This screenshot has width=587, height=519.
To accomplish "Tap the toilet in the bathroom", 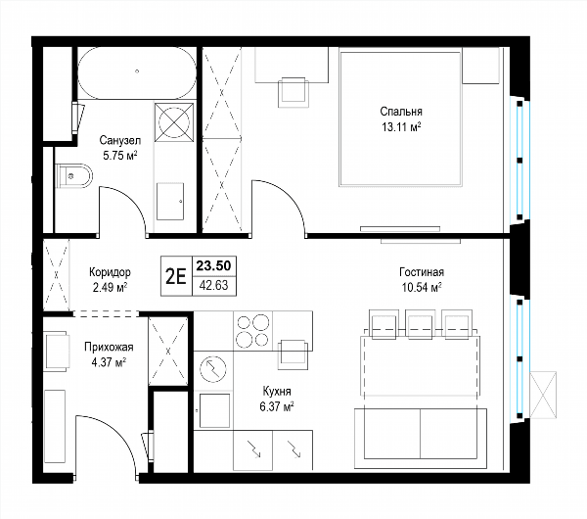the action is (x=73, y=175).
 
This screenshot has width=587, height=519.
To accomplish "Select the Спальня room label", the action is (x=401, y=112).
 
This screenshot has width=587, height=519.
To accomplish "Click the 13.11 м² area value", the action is (x=401, y=127).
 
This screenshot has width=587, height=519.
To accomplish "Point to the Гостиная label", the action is (x=422, y=271).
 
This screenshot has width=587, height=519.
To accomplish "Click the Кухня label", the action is (x=277, y=392).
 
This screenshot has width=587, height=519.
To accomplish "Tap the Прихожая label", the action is (x=109, y=347).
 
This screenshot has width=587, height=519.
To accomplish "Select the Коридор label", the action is (x=110, y=271).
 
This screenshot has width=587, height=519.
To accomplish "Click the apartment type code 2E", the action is (x=176, y=276).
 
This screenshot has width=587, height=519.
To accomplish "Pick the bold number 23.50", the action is (x=213, y=265).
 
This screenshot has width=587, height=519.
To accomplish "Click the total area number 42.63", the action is (x=213, y=286).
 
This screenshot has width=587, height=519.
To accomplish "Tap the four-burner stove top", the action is (x=252, y=331).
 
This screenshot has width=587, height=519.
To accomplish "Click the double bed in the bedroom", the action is (x=400, y=119).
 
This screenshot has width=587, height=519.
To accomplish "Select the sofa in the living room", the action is (x=421, y=438).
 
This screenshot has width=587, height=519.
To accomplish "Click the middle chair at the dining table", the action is (x=420, y=324).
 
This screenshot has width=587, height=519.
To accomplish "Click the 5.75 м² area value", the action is (x=119, y=156).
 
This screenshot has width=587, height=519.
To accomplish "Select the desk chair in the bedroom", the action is (x=293, y=93).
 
